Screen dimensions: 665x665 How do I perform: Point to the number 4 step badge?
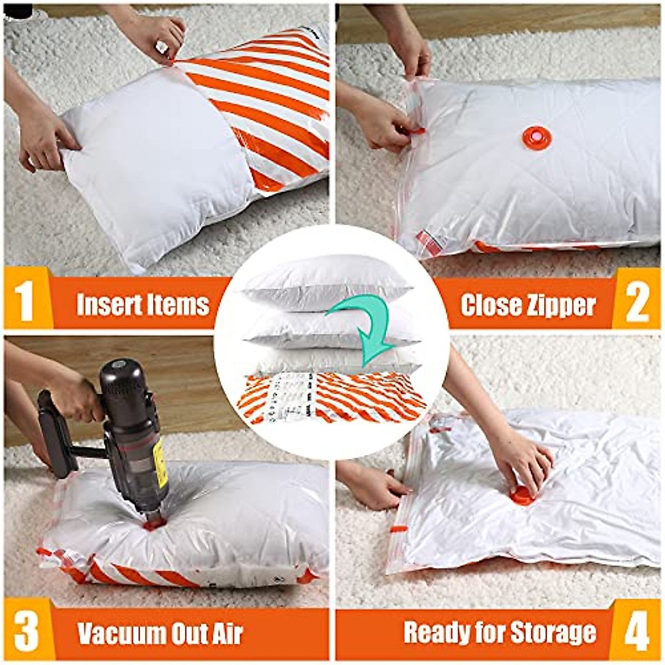[x=637, y=632]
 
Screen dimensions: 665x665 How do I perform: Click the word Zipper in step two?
[x=561, y=305]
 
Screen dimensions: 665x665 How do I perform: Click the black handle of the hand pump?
[x=55, y=432]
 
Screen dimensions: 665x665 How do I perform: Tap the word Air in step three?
[x=227, y=633]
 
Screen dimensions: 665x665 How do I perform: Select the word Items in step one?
[x=181, y=304]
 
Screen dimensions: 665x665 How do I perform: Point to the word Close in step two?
[x=490, y=305]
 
